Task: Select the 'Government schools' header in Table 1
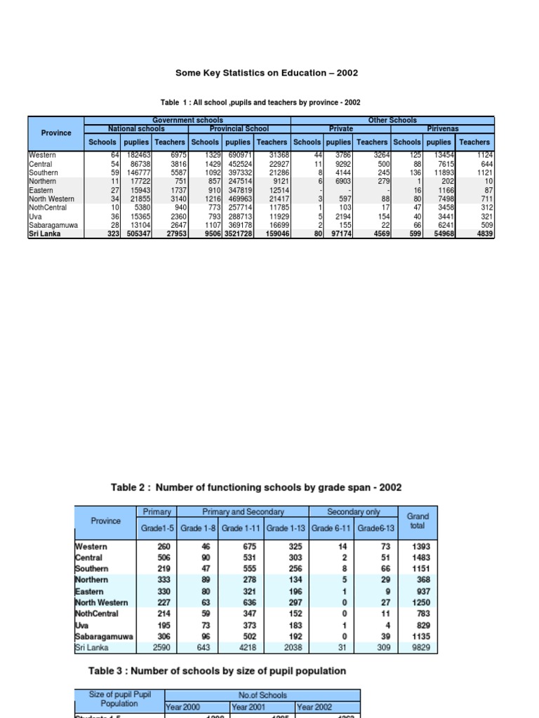[x=187, y=121]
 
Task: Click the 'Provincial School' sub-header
[x=239, y=129]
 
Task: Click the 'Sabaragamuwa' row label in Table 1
[x=53, y=226]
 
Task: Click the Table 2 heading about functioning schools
[x=257, y=487]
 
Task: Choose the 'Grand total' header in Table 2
[x=418, y=520]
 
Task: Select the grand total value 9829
[x=423, y=648]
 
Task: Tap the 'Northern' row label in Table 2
[x=92, y=580]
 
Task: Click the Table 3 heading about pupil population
[x=217, y=671]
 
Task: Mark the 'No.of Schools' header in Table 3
[x=262, y=696]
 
